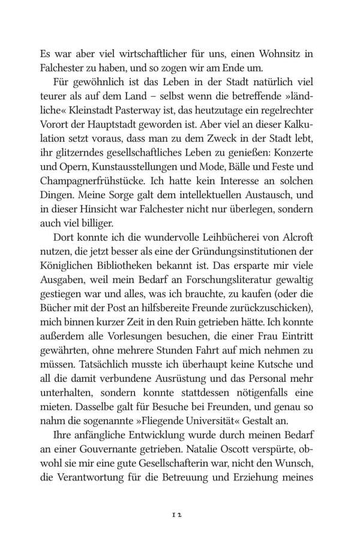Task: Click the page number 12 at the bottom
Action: click(179, 515)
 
